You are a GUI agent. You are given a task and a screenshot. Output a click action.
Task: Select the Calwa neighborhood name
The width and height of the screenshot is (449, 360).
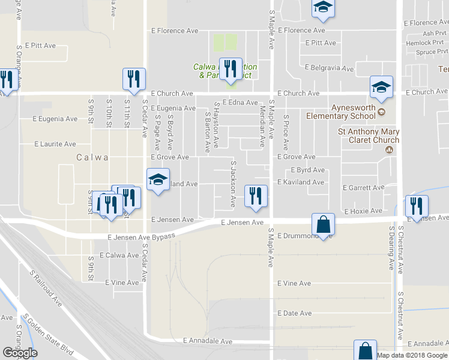point(92,157)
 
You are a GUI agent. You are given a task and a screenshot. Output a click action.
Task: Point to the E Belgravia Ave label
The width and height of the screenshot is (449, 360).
point(329,68)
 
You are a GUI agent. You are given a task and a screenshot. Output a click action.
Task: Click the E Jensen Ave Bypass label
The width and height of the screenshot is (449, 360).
point(141,237)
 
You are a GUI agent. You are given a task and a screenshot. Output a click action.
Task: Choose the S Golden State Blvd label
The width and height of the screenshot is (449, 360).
point(47,335)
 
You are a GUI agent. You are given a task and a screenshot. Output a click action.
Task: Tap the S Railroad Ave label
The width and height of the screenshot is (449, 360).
point(46,287)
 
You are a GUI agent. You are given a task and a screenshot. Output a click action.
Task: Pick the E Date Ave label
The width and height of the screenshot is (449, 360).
point(294,313)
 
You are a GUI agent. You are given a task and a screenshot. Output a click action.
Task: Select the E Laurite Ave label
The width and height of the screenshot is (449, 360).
point(55,144)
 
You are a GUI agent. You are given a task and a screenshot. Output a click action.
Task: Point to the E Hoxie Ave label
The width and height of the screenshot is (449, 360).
point(363,211)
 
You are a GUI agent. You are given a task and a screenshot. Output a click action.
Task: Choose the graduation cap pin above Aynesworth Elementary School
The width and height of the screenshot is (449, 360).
point(381,88)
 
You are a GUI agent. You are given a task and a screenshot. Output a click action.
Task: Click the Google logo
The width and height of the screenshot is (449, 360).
point(20,353)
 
